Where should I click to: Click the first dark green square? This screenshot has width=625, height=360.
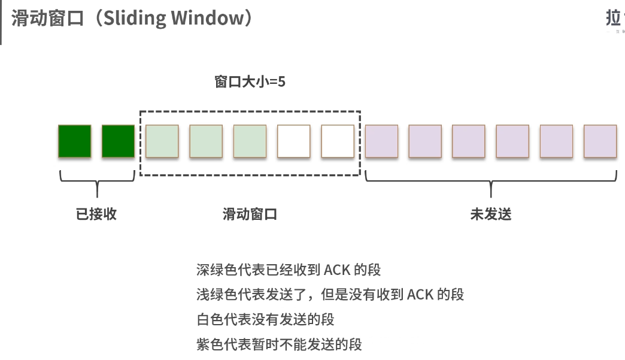coord(75,141)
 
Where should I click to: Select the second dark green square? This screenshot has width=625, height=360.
coord(119,141)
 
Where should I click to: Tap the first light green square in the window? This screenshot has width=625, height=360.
coord(162,141)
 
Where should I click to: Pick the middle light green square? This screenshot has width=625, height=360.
coord(206,141)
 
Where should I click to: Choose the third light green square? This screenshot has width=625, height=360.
coord(250,141)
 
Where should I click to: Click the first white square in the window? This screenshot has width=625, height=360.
coord(293,141)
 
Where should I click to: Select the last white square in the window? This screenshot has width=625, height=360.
coord(338,141)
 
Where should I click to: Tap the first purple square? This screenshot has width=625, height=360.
coord(381,141)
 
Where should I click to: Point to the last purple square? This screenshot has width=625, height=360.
coord(600,141)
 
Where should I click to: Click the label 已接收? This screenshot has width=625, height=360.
coord(96,214)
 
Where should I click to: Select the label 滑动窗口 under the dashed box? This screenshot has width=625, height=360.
coord(250,214)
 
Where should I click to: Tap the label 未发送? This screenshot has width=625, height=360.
coord(491,214)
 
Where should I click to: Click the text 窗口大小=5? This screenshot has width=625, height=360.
coord(250,81)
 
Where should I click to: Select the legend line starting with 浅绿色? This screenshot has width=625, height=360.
coord(330,294)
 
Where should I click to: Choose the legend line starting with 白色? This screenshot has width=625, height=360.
coord(265,319)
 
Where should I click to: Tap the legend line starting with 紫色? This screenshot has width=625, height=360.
coord(279,344)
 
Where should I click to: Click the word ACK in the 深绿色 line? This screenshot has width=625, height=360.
coord(338,269)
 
